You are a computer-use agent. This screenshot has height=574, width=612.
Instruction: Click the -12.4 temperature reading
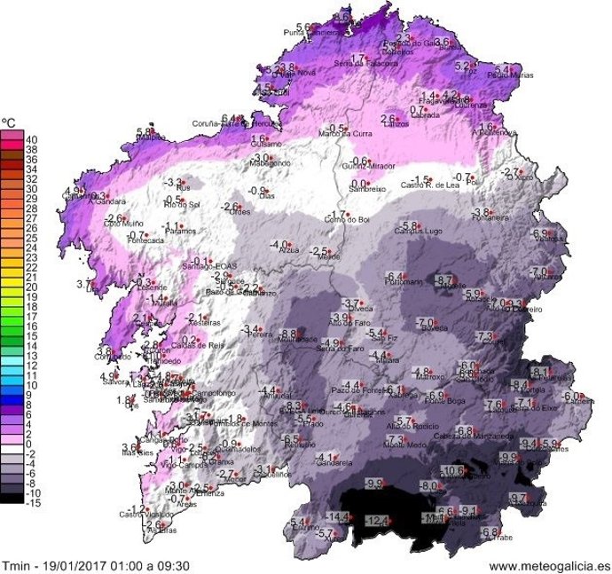(378, 521)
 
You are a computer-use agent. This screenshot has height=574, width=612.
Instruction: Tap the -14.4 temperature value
(339, 516)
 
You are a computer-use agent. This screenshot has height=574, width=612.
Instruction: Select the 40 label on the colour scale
(31, 139)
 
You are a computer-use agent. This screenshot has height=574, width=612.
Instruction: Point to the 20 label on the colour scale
(31, 287)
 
